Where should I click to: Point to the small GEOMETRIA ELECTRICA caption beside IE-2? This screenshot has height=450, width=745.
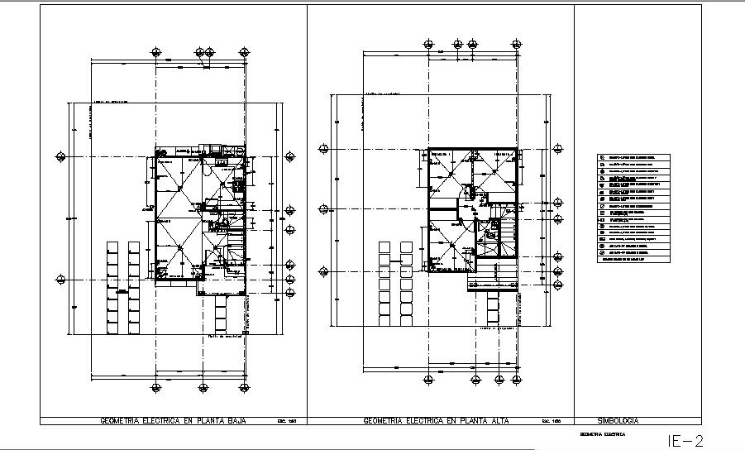(x=602, y=433)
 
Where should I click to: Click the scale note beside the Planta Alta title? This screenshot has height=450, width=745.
(x=551, y=421)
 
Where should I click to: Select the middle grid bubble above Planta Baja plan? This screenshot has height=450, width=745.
(x=203, y=48)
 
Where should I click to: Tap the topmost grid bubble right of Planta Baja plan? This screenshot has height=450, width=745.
(x=289, y=156)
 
